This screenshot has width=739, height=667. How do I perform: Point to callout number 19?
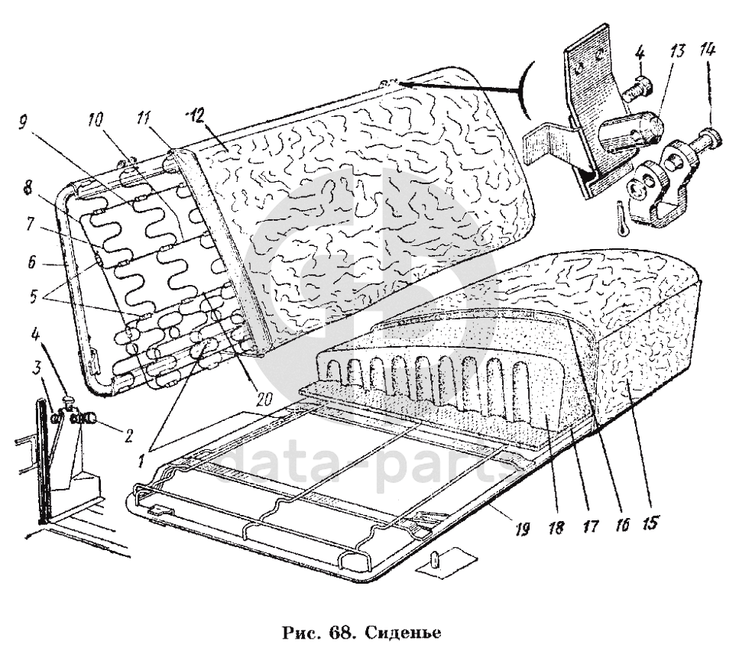[523, 529]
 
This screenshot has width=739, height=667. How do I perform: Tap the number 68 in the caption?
[340, 634]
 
